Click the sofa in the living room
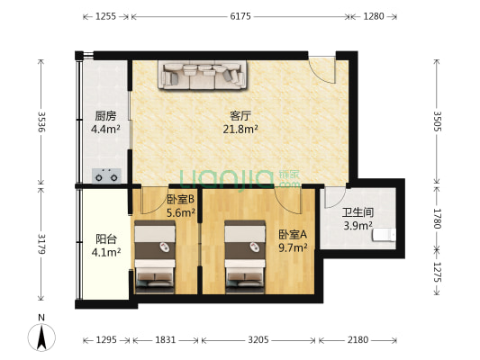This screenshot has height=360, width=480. pos(202,76)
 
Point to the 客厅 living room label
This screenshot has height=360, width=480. pos(240,115)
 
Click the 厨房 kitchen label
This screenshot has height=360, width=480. pos(105,115)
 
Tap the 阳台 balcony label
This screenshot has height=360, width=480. pos(105,239)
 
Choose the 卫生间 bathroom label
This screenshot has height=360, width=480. pos(358,212)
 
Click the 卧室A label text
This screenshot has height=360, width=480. pos(293,234)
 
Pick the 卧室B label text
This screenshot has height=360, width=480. pos(181,200)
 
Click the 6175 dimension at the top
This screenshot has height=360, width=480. pos(240,16)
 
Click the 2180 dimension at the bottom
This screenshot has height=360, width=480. pos(358,339)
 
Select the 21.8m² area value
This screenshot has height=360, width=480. pos(240,130)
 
